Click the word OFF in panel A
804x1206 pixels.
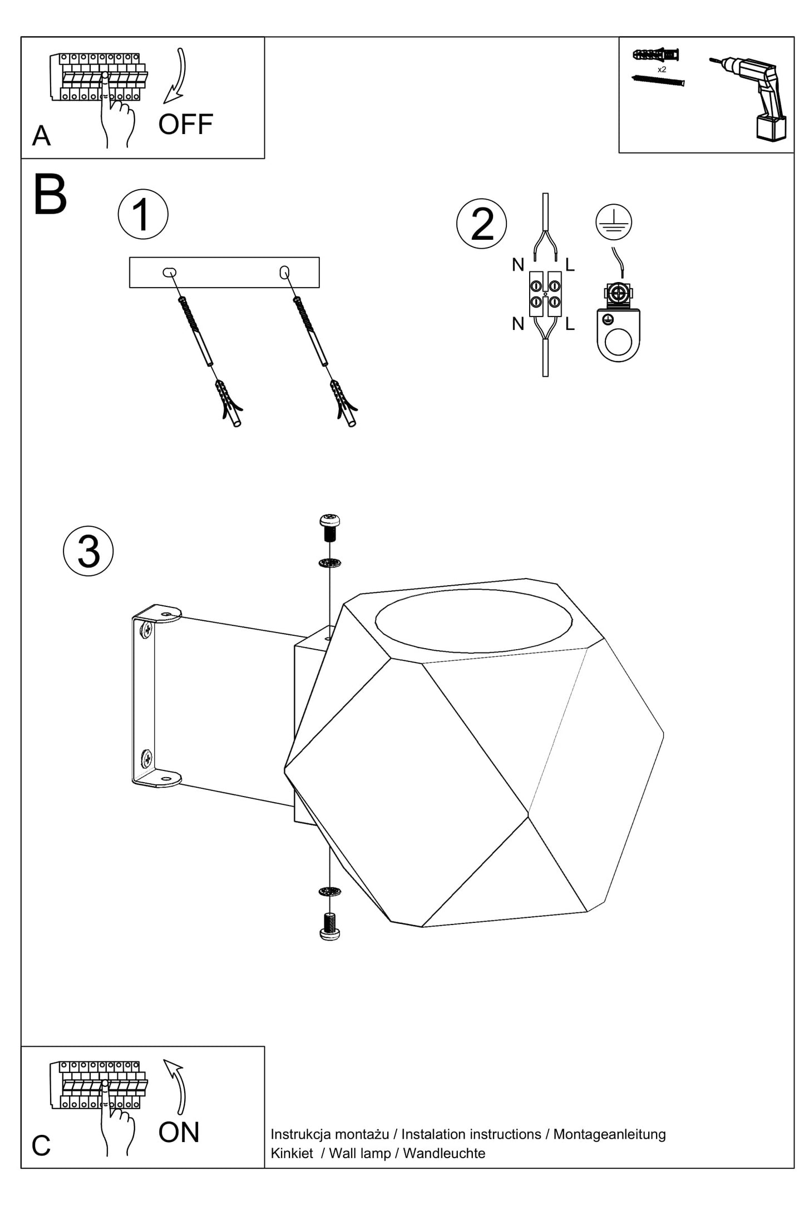coord(185,124)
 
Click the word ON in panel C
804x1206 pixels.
coord(179,1133)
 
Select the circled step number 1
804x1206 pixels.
coord(143,215)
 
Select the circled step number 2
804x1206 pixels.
coord(482,224)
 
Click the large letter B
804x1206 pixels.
coord(50,196)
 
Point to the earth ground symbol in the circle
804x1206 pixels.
coord(614,221)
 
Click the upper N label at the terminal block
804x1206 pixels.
coord(518,265)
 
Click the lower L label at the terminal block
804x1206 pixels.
coord(570,324)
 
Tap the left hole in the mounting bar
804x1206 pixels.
coord(169,272)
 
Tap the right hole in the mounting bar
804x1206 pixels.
coord(284,272)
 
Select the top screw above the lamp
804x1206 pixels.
coord(330,527)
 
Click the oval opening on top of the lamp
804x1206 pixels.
coord(473,621)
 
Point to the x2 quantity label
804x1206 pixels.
coord(662,70)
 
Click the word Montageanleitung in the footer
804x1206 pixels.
coord(609,1134)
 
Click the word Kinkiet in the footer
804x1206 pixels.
coord(292,1153)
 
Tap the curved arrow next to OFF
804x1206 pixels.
coord(177,76)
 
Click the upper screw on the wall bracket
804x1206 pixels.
coord(146,630)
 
